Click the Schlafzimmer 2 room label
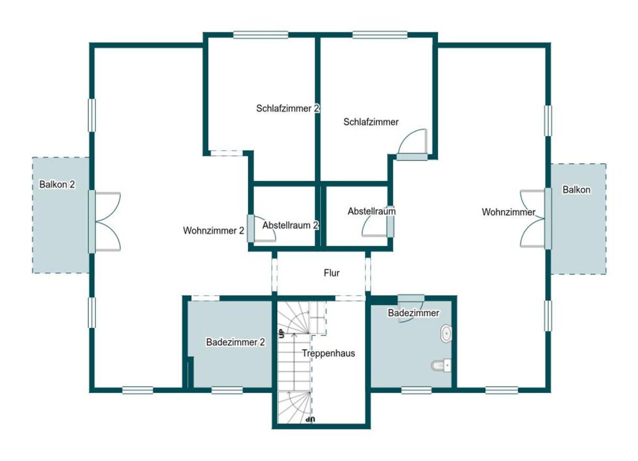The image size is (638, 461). point(288,108)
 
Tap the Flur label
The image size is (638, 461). point(332,273)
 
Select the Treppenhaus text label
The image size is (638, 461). point(329,353)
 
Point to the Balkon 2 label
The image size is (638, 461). point(57,185)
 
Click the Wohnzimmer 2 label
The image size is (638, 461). point(214,231)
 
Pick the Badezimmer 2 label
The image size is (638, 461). point(236,342)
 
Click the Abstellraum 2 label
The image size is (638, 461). point(290,225)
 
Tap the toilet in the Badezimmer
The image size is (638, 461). point(441,365)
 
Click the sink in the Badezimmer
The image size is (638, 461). point(446,333)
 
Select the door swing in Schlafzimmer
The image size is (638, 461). point(412,144)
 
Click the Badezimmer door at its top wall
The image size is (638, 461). point(411,308)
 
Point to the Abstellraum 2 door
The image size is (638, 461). point(261,229)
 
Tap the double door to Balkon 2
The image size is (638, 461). point(104,222)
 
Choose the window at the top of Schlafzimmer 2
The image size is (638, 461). point(261,35)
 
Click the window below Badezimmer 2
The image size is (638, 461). point(227,390)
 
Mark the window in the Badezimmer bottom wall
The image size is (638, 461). point(416,390)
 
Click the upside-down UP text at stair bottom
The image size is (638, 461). point(310,420)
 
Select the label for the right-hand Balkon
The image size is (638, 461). point(576,190)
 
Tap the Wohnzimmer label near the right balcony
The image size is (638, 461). point(508,212)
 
